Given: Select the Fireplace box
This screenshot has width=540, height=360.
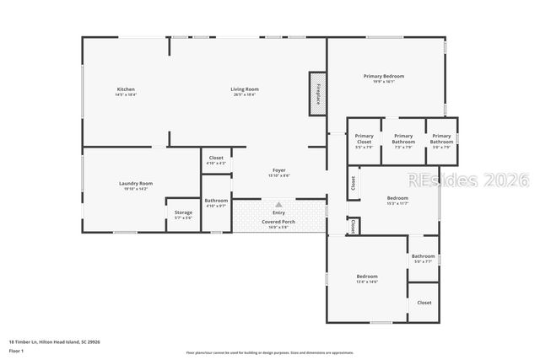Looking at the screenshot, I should pos(318,93).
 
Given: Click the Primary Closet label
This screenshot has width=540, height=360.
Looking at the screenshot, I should pos(364,139).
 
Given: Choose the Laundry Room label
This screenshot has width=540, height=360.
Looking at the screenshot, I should pos(135,185).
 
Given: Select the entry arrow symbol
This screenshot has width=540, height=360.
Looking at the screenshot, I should pos(278,204).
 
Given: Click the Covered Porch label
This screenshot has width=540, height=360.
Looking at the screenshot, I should pos(278,223).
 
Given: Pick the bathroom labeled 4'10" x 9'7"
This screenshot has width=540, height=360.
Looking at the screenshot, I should pos(216,202).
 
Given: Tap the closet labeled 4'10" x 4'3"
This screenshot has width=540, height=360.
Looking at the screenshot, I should pos(216,160).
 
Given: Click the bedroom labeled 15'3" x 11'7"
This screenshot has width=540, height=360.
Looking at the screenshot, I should pos(397,201).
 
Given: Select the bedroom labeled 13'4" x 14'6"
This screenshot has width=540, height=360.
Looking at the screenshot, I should pos(366,279).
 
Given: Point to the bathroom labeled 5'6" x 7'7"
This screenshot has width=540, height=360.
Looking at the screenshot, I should pos(423,259).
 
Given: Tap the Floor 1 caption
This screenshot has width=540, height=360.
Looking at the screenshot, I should pos(17,351).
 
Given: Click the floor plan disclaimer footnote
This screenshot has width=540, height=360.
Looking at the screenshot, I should pos(270,352).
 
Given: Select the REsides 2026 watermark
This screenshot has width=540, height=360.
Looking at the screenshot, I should pos(467,180).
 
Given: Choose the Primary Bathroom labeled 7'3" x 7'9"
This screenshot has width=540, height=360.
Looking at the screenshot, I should pos(403,139).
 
